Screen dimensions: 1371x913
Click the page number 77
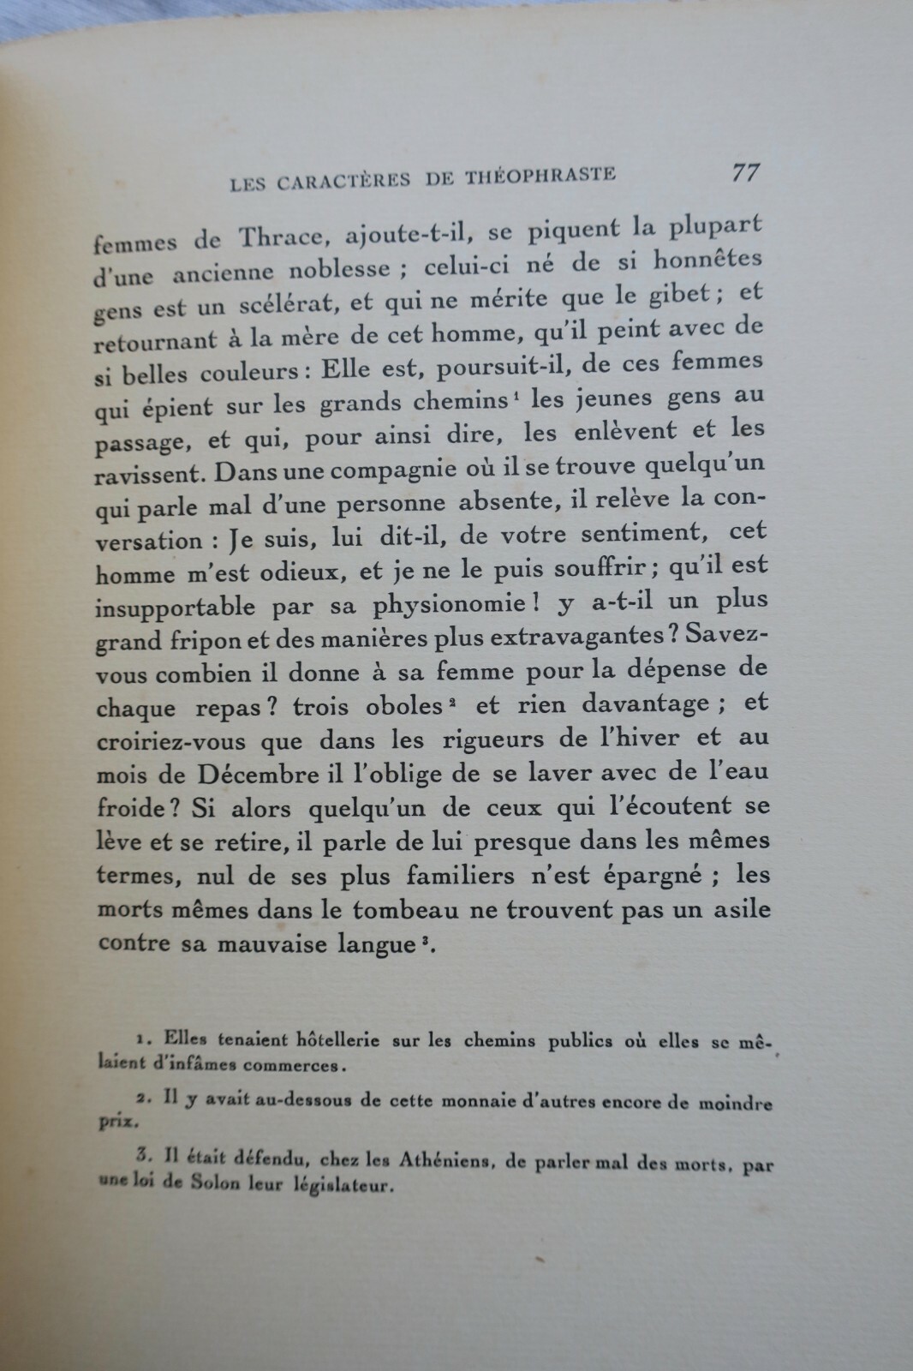745,171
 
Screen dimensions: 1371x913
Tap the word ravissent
155,473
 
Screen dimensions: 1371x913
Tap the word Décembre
262,775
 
